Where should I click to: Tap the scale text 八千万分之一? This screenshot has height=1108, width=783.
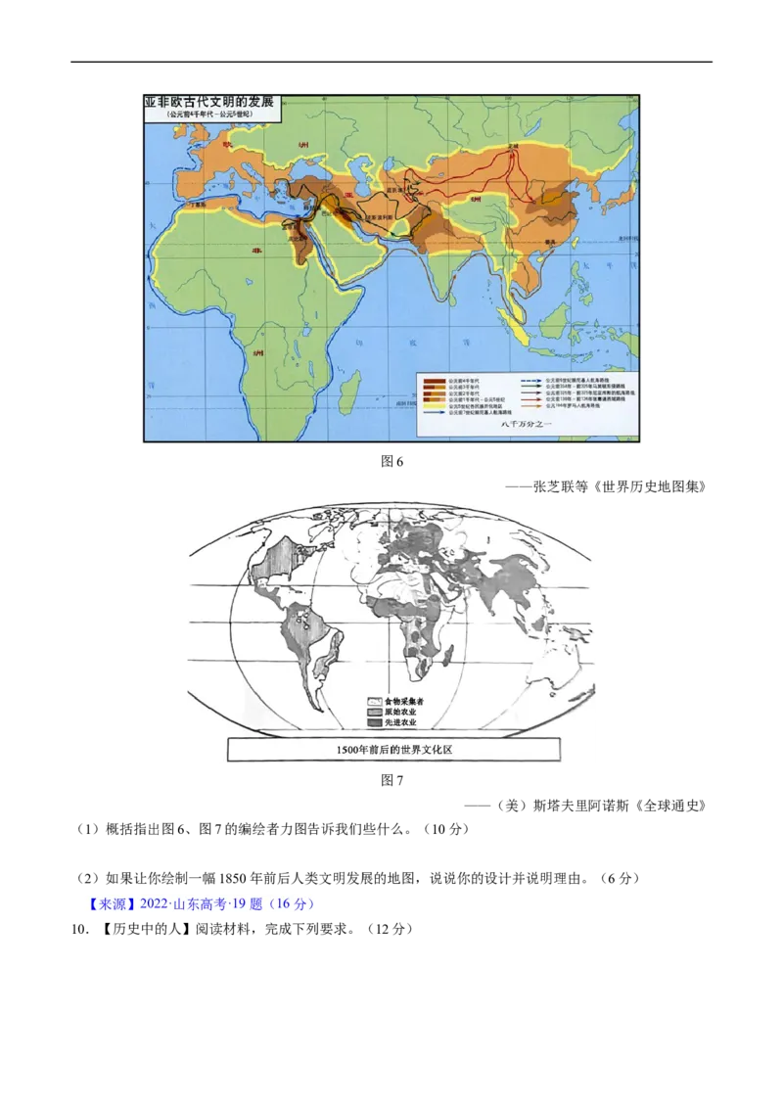(526, 424)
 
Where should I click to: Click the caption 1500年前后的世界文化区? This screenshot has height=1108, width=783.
(394, 750)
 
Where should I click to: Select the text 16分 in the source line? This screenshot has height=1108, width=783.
(291, 904)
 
